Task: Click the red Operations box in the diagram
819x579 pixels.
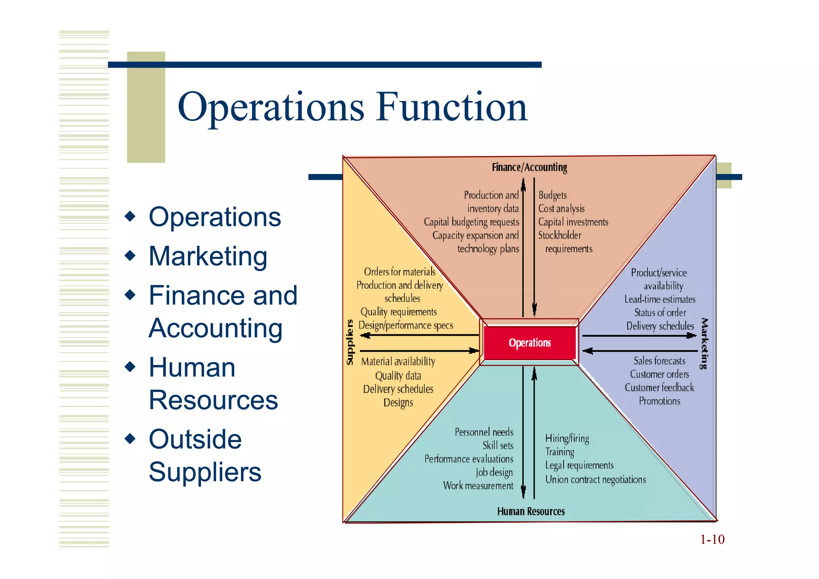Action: pyautogui.click(x=529, y=343)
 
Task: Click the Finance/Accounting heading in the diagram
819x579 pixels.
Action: pyautogui.click(x=529, y=167)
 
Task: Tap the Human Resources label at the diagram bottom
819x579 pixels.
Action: pyautogui.click(x=531, y=511)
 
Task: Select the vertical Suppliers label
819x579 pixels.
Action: pyautogui.click(x=350, y=342)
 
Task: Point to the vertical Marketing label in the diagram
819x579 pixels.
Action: pyautogui.click(x=704, y=343)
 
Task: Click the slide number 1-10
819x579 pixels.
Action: pyautogui.click(x=712, y=539)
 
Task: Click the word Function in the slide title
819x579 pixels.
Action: pyautogui.click(x=452, y=107)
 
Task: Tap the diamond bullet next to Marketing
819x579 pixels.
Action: pyautogui.click(x=130, y=255)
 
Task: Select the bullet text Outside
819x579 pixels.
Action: pyautogui.click(x=195, y=439)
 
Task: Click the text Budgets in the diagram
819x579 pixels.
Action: pyautogui.click(x=552, y=195)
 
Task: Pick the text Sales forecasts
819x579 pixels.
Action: pyautogui.click(x=659, y=361)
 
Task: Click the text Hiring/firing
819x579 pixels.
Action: pyautogui.click(x=567, y=439)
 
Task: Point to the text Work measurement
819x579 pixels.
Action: pyautogui.click(x=478, y=486)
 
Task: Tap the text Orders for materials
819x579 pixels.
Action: pyautogui.click(x=400, y=272)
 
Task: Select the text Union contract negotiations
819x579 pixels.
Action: pyautogui.click(x=595, y=479)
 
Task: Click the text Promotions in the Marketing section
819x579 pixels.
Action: pyautogui.click(x=659, y=401)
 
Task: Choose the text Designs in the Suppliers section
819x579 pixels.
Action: pyautogui.click(x=398, y=403)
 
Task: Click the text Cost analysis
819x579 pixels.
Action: pyautogui.click(x=561, y=208)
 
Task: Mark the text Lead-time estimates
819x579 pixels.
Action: pyautogui.click(x=660, y=299)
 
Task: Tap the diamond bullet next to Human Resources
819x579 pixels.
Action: pyautogui.click(x=130, y=367)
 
